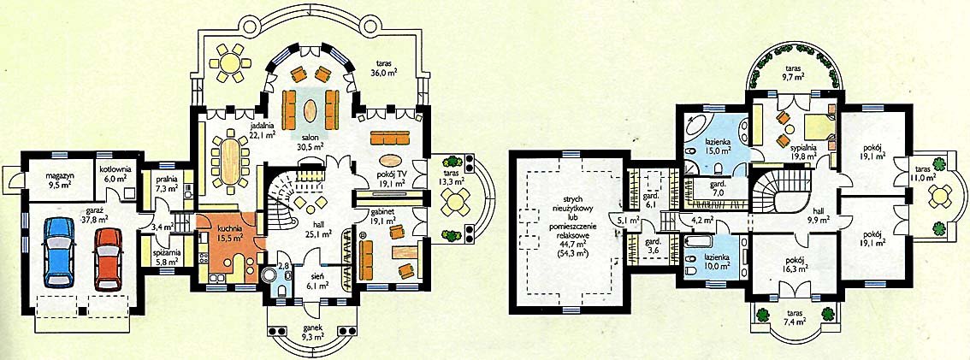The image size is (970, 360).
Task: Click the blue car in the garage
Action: pyautogui.click(x=59, y=254)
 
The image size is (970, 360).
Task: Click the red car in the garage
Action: pyautogui.click(x=108, y=258)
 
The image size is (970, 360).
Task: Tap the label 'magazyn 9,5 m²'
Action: pyautogui.click(x=61, y=180)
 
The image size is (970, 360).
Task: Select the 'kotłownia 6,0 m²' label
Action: pyautogui.click(x=113, y=173)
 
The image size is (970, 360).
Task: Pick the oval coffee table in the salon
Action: pyautogui.click(x=311, y=110)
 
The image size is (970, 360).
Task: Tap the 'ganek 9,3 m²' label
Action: pyautogui.click(x=312, y=332)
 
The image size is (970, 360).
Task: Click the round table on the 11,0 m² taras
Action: pyautogui.click(x=939, y=197)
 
